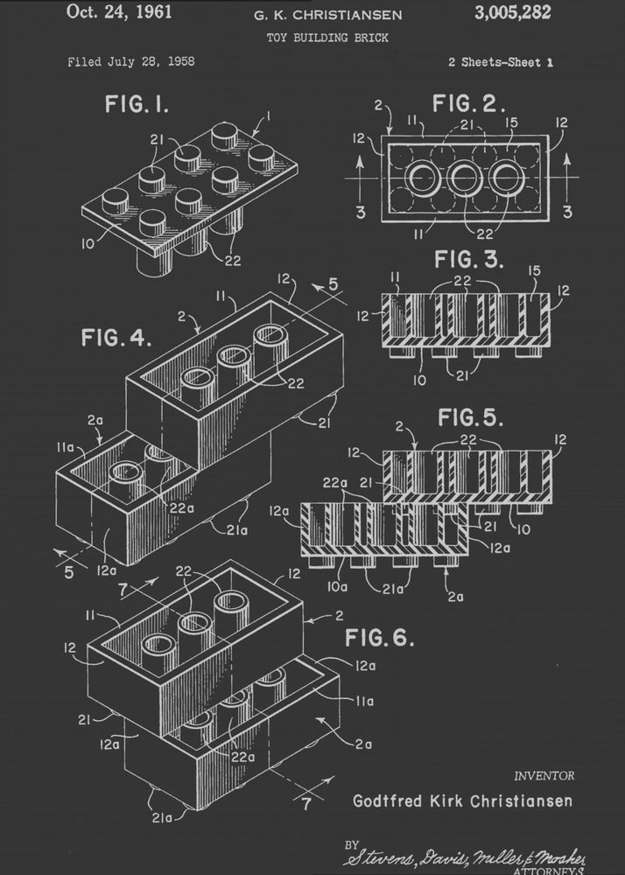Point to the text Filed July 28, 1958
tap(131, 62)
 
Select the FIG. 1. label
tap(137, 106)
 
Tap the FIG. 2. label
tap(469, 105)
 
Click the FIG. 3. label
tap(470, 261)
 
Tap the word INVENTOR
tap(544, 775)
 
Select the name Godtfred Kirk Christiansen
tap(462, 801)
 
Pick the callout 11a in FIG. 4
tap(66, 447)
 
